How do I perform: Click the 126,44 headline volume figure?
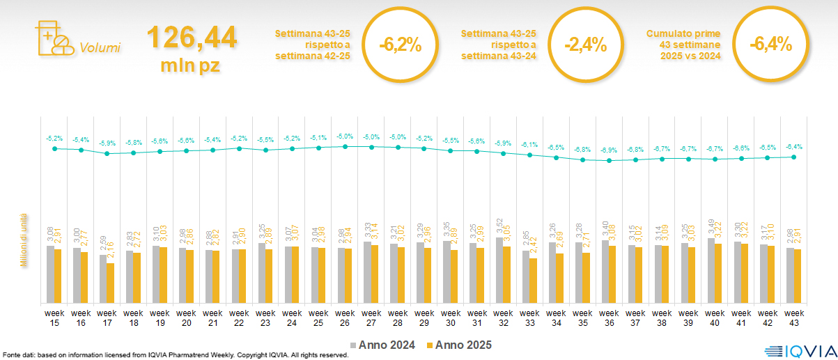[x=192, y=37]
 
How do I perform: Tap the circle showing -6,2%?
[x=401, y=45]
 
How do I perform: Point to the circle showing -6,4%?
[x=770, y=45]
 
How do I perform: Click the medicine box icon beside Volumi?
[x=53, y=40]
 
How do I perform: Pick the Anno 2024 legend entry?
[x=383, y=345]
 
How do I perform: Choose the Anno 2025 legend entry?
[x=459, y=345]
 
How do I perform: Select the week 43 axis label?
[x=794, y=317]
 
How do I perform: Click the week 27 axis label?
[x=371, y=317]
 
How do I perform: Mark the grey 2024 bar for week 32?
[x=499, y=269]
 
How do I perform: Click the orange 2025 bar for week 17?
[x=111, y=283]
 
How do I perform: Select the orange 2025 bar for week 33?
[x=534, y=281]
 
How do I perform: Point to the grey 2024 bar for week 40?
[x=711, y=270]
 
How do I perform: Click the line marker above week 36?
[x=609, y=160]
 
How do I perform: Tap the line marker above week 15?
[x=54, y=148]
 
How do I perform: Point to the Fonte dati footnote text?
[x=174, y=354]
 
